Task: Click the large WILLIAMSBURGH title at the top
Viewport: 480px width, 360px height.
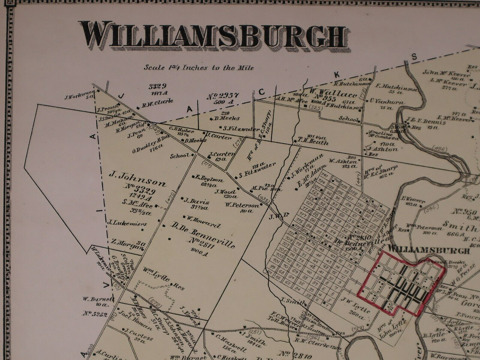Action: [x=213, y=35]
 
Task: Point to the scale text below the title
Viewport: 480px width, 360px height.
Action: [x=199, y=67]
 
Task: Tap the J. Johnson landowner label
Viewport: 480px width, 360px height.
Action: [x=137, y=182]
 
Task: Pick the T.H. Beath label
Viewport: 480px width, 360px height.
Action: [x=313, y=142]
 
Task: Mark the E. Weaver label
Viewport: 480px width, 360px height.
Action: [x=413, y=199]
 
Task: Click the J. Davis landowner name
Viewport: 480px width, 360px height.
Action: [x=195, y=201]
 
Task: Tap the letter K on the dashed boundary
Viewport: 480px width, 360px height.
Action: [x=336, y=74]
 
